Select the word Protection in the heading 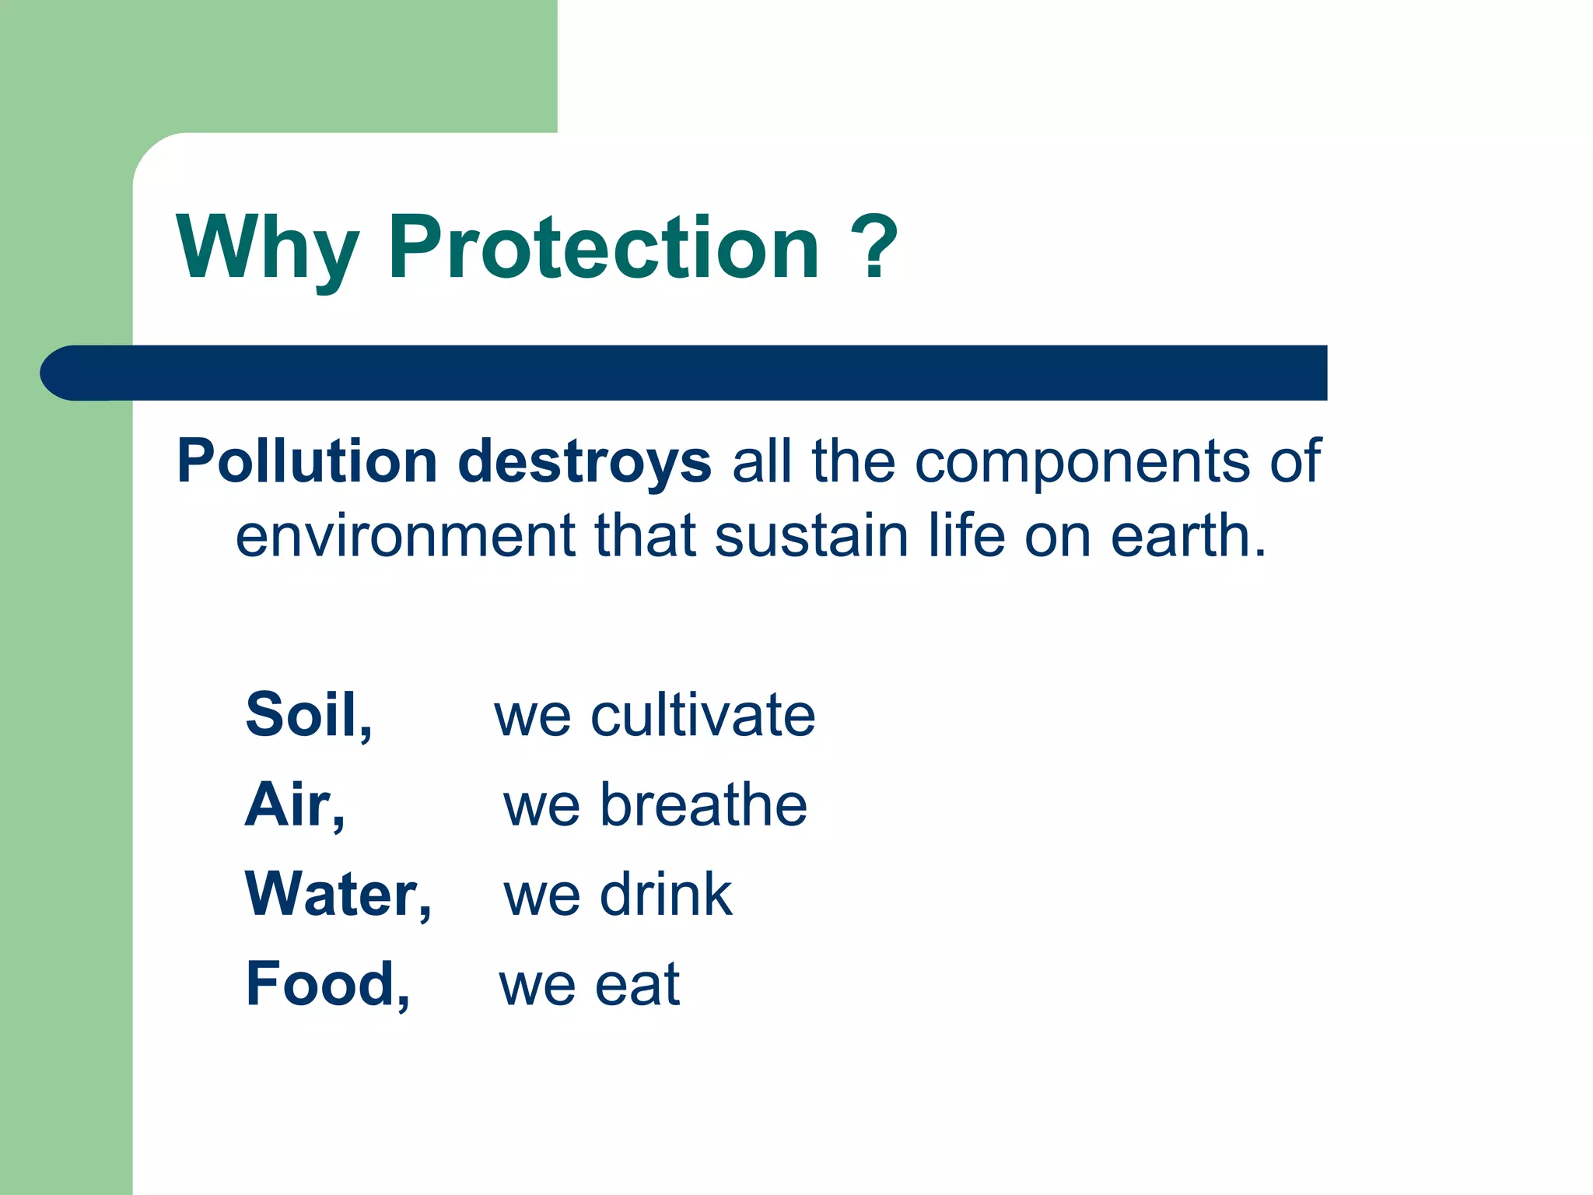(x=604, y=247)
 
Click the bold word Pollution (x=307, y=461)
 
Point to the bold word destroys (x=584, y=462)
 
